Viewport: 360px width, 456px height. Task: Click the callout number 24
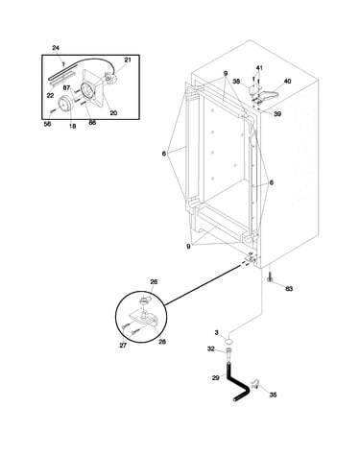pyautogui.click(x=56, y=48)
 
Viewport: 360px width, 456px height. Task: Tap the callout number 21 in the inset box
pyautogui.click(x=128, y=60)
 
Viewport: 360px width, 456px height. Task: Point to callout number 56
pyautogui.click(x=47, y=124)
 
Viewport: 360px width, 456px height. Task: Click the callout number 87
pyautogui.click(x=66, y=87)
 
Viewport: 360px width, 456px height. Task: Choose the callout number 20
pyautogui.click(x=113, y=113)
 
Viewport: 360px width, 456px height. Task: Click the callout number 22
pyautogui.click(x=50, y=96)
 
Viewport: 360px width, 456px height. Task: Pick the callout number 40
pyautogui.click(x=287, y=82)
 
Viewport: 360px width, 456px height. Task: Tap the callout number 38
pyautogui.click(x=236, y=82)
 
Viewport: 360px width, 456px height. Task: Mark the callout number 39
pyautogui.click(x=277, y=114)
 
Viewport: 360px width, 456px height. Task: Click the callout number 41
pyautogui.click(x=259, y=68)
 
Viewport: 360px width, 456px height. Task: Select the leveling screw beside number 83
pyautogui.click(x=270, y=276)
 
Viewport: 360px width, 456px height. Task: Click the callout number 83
pyautogui.click(x=289, y=289)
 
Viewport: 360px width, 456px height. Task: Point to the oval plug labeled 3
pyautogui.click(x=228, y=341)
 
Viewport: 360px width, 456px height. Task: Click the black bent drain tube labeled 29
pyautogui.click(x=237, y=383)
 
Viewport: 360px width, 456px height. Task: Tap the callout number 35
pyautogui.click(x=273, y=395)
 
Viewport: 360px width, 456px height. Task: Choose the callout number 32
pyautogui.click(x=210, y=349)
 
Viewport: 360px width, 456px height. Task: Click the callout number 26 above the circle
pyautogui.click(x=154, y=282)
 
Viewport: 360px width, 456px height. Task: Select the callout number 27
pyautogui.click(x=123, y=346)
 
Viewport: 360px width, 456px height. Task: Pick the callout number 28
pyautogui.click(x=162, y=342)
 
